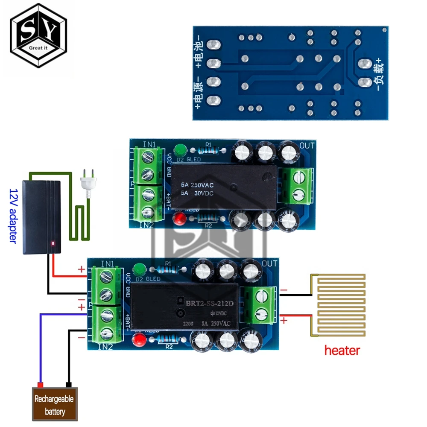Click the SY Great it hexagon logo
[x=38, y=36]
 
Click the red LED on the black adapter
[x=53, y=244]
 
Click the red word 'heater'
[x=342, y=351]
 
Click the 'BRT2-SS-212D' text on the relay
[x=209, y=304]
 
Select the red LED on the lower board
[x=138, y=340]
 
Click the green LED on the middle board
[x=180, y=150]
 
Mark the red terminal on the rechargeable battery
[x=41, y=385]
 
